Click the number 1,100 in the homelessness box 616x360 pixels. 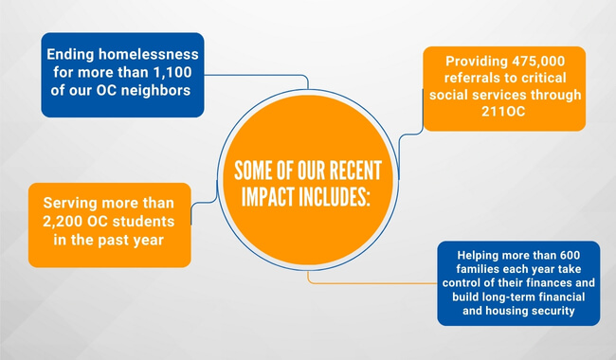coord(172,73)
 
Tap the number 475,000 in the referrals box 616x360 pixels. coord(538,62)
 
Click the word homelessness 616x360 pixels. coord(149,54)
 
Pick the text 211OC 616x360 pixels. coord(503,112)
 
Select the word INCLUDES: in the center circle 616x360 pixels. coord(334,196)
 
